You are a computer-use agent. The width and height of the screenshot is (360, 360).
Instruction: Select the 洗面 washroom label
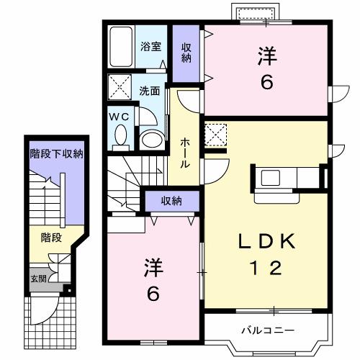(150, 91)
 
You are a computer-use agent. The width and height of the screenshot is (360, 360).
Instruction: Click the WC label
(119, 115)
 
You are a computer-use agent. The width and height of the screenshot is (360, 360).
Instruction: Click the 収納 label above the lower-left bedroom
(171, 200)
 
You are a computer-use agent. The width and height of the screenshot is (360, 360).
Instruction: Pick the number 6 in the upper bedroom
(266, 83)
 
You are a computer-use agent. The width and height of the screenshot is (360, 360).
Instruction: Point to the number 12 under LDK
(266, 269)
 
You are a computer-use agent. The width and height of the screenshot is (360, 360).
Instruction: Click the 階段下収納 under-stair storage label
(56, 153)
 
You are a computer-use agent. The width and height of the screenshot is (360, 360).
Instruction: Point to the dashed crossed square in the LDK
(215, 133)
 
